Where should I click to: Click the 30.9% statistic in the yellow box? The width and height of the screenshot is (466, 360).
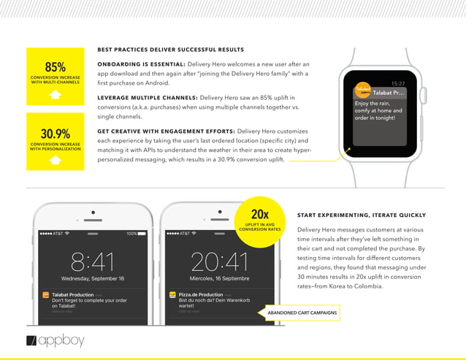[56, 134]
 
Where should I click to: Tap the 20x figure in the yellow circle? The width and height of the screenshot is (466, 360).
[259, 214]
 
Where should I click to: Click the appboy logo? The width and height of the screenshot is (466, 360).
[56, 340]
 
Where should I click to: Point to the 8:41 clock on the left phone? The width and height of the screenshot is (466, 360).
[92, 261]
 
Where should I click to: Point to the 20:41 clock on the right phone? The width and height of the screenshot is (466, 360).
[218, 261]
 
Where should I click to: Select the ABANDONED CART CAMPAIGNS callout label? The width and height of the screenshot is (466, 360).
[296, 313]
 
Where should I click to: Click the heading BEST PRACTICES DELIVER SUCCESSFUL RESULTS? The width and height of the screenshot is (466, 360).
[170, 50]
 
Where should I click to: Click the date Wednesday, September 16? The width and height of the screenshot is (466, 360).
[92, 278]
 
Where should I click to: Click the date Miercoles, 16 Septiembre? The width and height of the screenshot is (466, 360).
[218, 278]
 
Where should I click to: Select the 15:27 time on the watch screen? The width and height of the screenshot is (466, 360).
[398, 84]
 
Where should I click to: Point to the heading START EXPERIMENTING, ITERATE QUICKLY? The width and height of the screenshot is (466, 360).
[362, 215]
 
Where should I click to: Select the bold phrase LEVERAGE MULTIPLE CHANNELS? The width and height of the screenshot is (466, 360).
[147, 97]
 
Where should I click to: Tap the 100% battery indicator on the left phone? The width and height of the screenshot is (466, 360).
[131, 233]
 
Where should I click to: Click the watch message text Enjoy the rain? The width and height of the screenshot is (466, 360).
[373, 104]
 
